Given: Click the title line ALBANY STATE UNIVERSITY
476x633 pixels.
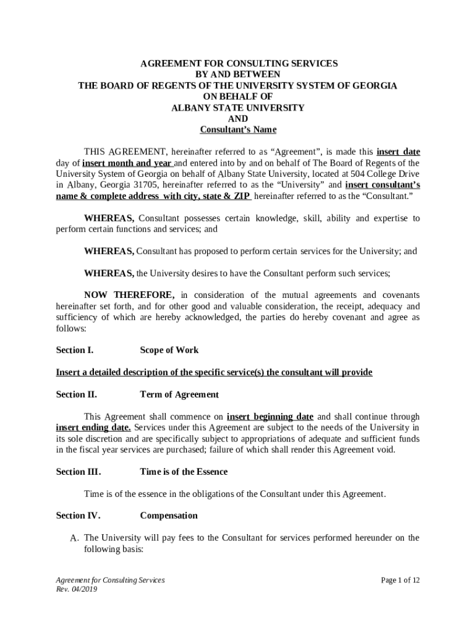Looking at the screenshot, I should tap(238, 108).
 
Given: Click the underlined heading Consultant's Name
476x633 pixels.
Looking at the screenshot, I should tap(238, 130).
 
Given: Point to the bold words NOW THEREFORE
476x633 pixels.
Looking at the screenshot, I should tap(129, 295).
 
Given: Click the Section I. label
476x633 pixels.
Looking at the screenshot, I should tap(75, 350).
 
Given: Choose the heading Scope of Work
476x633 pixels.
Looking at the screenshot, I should tap(169, 350).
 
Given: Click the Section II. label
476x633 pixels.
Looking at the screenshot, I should tap(77, 395).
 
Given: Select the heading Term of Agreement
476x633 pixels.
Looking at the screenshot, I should tap(179, 395).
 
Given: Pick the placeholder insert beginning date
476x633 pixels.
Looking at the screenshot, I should tap(270, 417).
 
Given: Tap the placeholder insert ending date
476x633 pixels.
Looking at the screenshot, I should tap(93, 428).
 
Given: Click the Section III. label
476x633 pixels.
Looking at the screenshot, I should tap(79, 472).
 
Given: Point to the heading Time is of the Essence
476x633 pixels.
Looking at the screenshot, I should tap(184, 472).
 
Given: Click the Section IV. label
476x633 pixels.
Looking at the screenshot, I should tap(79, 516).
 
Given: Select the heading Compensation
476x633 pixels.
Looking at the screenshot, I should tap(169, 516).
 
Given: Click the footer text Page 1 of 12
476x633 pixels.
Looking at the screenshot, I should tap(401, 580).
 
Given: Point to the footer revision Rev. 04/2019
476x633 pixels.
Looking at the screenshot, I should tap(77, 590).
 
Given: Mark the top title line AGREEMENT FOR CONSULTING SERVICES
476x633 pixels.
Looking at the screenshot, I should tap(238, 64).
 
